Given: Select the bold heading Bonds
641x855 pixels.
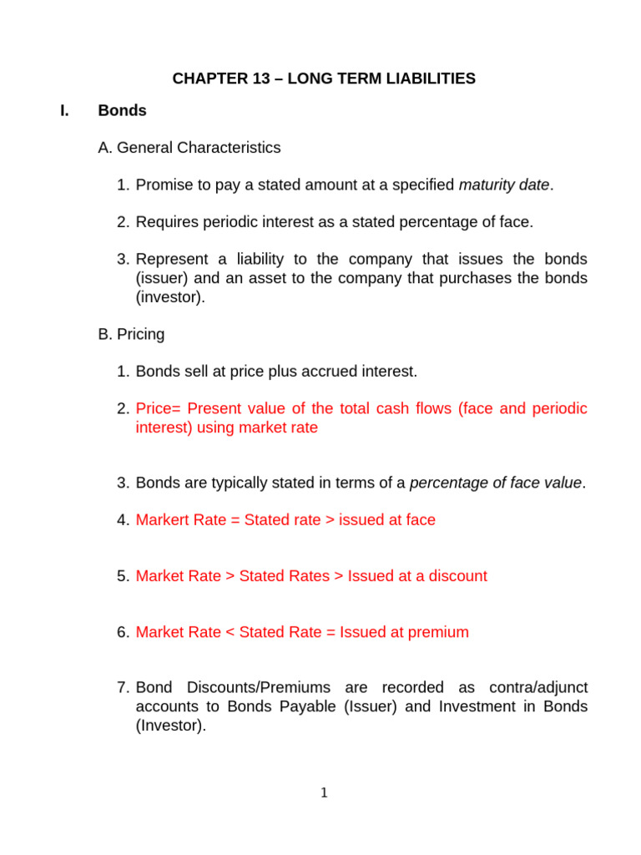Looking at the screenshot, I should (x=122, y=110).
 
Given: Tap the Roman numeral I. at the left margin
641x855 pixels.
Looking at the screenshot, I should (x=65, y=110).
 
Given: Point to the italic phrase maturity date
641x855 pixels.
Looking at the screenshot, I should (x=504, y=185).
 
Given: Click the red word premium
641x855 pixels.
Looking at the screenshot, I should (x=440, y=632).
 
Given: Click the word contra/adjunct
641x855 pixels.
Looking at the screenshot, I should (x=534, y=688).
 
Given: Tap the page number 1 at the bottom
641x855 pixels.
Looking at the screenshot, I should (x=325, y=793).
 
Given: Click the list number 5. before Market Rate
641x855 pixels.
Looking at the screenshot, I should (x=124, y=576).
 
